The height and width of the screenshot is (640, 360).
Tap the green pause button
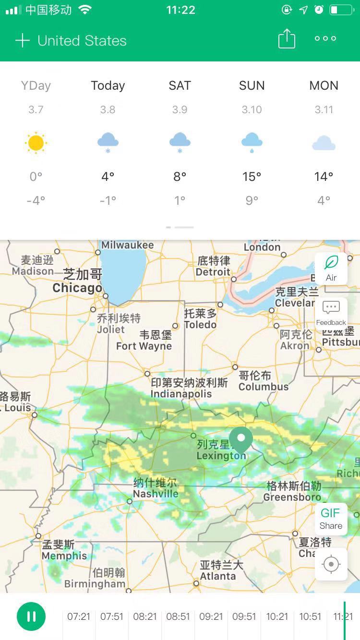point(31,616)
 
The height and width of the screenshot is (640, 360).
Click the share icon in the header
point(287,39)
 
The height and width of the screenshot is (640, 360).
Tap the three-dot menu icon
point(325,39)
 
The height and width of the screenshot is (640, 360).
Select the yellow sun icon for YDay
point(36,143)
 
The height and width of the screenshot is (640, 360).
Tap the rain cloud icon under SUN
point(252,142)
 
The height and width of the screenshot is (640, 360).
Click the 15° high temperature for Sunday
point(252,177)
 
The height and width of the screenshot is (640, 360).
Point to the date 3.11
point(324,110)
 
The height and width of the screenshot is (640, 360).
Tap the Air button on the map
point(331,269)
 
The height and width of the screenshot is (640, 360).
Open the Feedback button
point(331,313)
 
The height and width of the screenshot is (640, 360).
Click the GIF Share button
point(331,519)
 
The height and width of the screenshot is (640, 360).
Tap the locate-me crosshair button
point(331,564)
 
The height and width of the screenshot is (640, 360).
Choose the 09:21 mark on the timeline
point(211,616)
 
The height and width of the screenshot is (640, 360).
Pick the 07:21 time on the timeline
point(79,616)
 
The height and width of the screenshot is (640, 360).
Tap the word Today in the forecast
point(108,85)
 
